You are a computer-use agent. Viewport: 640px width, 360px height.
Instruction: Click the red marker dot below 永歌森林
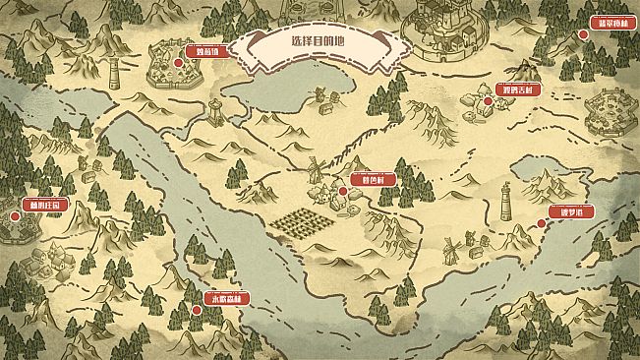click(196, 309)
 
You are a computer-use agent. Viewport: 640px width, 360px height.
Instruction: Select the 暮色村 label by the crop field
click(373, 180)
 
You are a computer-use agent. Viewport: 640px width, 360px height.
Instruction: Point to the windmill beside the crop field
click(316, 170)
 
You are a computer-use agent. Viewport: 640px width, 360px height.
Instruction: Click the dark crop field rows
click(298, 222)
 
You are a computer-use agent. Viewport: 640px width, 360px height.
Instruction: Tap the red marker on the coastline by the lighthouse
click(540, 223)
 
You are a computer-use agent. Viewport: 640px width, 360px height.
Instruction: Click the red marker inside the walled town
click(178, 63)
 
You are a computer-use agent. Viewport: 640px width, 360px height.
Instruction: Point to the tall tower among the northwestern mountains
click(115, 73)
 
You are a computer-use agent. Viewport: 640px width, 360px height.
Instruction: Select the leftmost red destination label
click(44, 204)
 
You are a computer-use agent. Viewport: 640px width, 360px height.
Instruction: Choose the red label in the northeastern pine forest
click(613, 22)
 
